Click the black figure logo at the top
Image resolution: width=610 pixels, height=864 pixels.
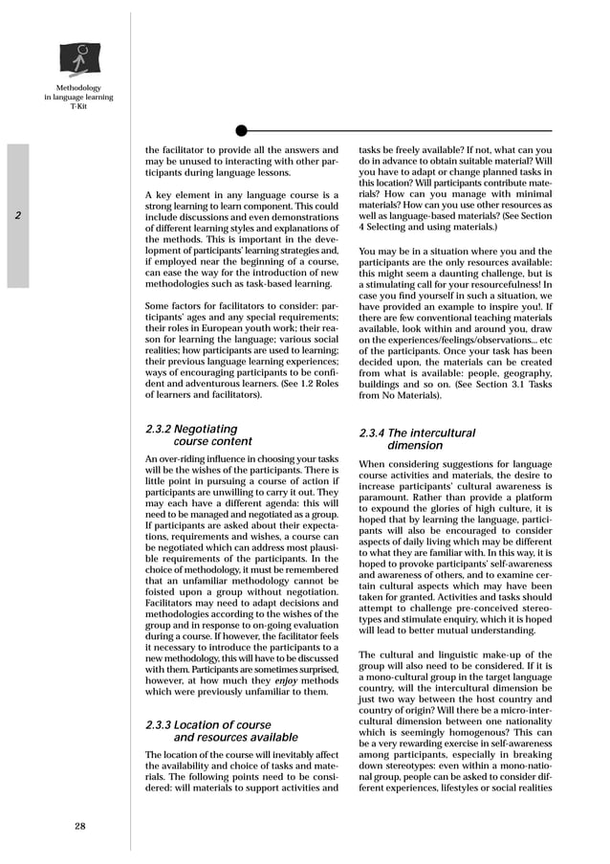[x=79, y=59]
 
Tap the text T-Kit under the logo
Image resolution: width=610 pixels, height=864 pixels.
[x=78, y=106]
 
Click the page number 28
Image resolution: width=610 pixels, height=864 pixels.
[x=81, y=827]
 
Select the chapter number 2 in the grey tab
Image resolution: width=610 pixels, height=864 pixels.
[x=18, y=215]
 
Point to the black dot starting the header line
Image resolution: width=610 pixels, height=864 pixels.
[x=241, y=130]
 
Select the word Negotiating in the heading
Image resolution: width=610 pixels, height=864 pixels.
[x=206, y=430]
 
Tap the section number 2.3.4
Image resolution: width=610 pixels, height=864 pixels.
[x=373, y=433]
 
